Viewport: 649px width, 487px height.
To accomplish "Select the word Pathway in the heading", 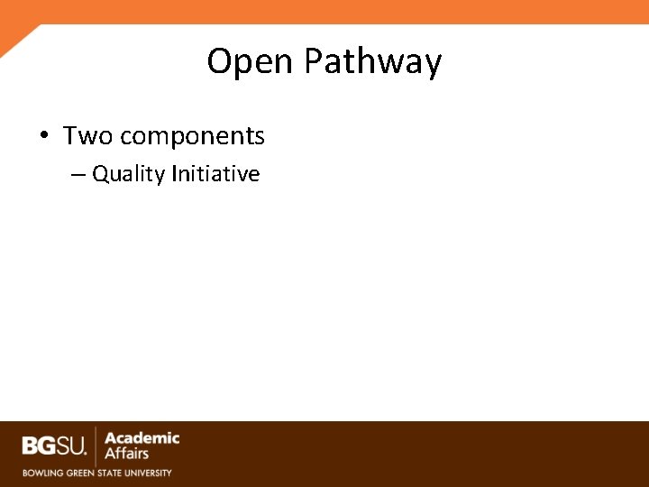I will tap(372, 62).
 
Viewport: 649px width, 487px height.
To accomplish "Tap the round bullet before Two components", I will tap(43, 136).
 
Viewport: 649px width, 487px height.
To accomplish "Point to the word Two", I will tap(87, 136).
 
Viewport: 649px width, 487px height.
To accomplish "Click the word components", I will tap(192, 137).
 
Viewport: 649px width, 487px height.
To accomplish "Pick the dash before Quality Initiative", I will tap(78, 174).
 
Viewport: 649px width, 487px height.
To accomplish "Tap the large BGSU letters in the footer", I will tap(53, 446).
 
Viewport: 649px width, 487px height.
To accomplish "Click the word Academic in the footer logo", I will tap(142, 438).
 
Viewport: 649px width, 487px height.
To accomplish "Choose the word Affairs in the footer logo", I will tap(127, 454).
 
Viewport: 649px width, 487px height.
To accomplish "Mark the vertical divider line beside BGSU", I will tap(96, 446).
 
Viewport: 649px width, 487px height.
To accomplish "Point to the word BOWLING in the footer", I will tap(41, 473).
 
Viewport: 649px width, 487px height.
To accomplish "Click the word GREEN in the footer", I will tap(79, 473).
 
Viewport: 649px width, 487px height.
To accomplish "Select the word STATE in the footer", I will tap(111, 473).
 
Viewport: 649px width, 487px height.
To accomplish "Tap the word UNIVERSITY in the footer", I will tap(149, 473).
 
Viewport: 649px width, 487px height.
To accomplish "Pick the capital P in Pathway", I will tap(314, 62).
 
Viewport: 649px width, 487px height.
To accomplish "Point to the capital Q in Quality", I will tap(101, 174).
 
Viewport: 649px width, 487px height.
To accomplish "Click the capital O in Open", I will tap(219, 62).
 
